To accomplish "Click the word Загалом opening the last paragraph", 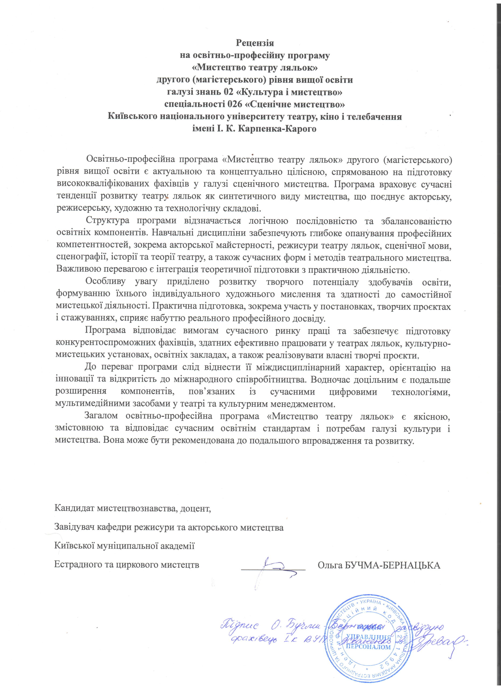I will tap(100, 416).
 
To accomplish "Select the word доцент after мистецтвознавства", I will tap(196, 508).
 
